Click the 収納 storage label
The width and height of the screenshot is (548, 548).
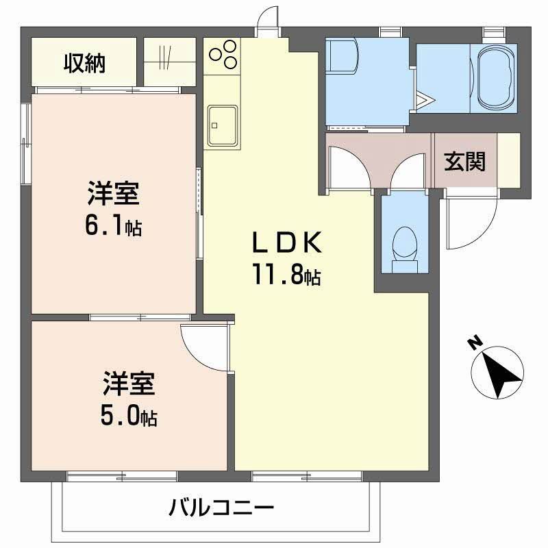[84, 63]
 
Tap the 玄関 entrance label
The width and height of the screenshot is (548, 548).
[465, 162]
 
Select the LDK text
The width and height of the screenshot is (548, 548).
[286, 242]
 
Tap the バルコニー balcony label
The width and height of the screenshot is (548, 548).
[221, 508]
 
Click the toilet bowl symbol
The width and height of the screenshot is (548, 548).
[405, 249]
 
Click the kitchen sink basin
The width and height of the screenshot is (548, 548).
[222, 125]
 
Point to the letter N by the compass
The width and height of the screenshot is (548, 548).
[474, 343]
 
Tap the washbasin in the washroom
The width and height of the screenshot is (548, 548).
[342, 56]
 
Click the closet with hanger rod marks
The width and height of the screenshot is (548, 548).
[170, 62]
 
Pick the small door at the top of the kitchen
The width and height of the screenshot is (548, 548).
[269, 22]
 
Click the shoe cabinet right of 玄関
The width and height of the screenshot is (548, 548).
[508, 160]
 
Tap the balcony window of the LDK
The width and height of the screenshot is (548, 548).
[307, 476]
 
